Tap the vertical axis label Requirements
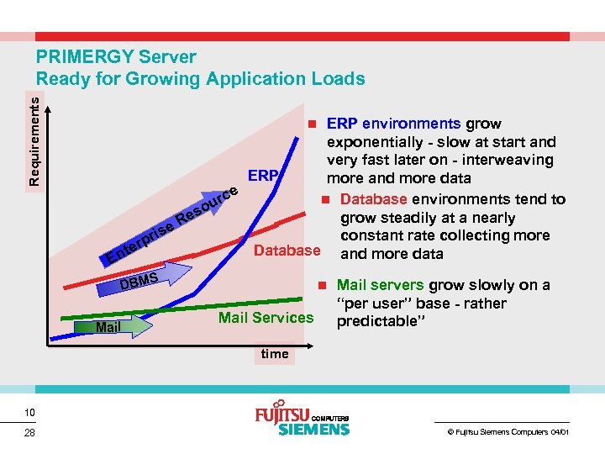coord(34,138)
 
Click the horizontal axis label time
coord(275,354)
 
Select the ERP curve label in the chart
coord(262,176)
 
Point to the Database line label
coord(287,251)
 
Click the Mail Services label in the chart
coord(266,317)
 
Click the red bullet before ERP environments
coord(311,123)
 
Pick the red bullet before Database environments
coord(324,199)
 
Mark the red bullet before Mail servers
coord(324,285)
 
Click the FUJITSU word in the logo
coord(281,415)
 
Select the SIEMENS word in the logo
coord(313,430)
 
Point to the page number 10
coord(29,412)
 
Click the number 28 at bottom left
coord(29,433)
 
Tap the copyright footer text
coord(507,432)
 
